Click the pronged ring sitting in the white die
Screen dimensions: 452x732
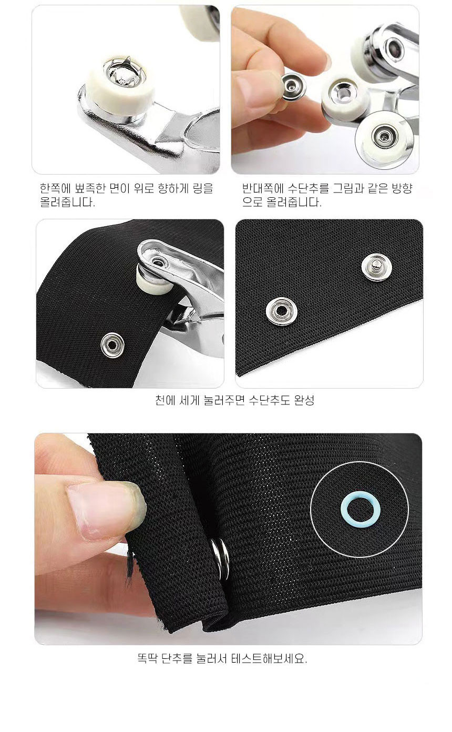(x=125, y=73)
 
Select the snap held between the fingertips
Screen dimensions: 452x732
(x=293, y=86)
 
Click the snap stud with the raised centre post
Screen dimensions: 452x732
(x=376, y=267)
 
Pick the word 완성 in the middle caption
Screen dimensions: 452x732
(x=304, y=400)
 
